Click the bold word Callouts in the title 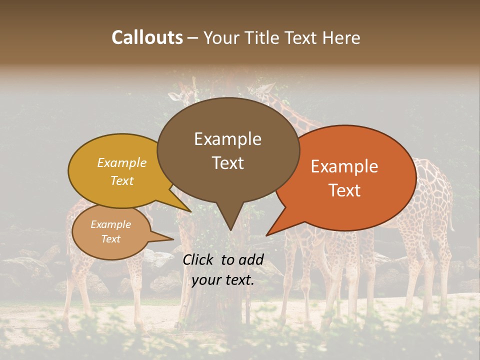point(147,37)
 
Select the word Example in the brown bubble point(227,139)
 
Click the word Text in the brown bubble point(227,163)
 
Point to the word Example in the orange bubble point(344,166)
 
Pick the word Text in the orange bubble point(344,190)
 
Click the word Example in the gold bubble point(122,163)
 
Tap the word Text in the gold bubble point(122,180)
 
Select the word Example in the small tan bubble point(111,224)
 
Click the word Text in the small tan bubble point(111,239)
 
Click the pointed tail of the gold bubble point(190,211)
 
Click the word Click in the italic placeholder point(199,259)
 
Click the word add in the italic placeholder point(251,259)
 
